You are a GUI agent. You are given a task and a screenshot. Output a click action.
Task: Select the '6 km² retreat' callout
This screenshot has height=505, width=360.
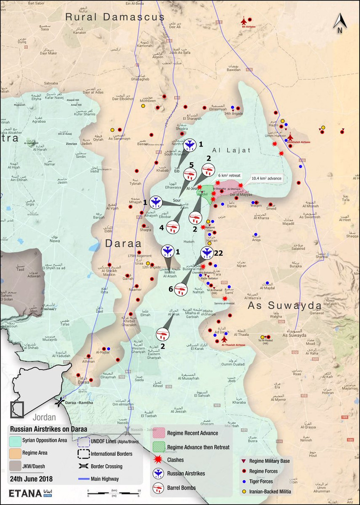pos(229,175)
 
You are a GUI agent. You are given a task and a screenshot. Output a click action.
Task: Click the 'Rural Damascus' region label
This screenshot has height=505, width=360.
pos(115,17)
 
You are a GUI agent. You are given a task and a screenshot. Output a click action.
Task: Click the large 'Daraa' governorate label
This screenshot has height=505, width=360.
pos(123,243)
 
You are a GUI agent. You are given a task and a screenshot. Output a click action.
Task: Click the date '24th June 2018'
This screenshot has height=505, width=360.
pos(31,479)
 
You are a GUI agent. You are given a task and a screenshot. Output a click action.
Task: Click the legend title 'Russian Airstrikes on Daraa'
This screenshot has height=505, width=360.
pos(48,429)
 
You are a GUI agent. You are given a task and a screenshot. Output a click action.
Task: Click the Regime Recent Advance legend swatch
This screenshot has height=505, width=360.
pos(159,433)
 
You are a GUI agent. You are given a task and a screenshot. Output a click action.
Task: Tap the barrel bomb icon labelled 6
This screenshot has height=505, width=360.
pos(182,289)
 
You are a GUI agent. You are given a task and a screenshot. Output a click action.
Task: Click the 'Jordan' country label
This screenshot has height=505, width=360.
pos(44,417)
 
